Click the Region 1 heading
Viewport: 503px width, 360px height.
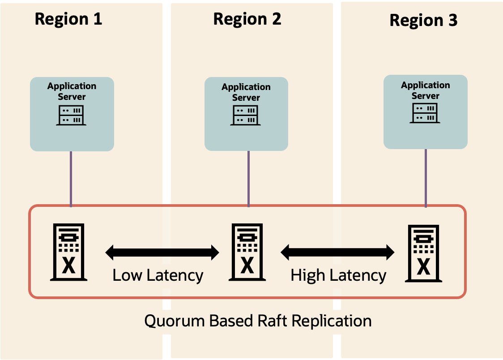(x=68, y=19)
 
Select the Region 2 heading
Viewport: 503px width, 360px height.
(x=247, y=19)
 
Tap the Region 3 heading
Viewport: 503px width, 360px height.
(x=423, y=20)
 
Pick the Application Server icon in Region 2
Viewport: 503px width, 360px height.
(x=246, y=116)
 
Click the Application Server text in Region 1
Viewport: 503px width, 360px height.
(x=72, y=91)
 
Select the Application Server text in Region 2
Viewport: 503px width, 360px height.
(x=246, y=92)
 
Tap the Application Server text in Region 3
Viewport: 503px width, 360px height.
(x=425, y=90)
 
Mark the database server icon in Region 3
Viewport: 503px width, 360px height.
(x=423, y=253)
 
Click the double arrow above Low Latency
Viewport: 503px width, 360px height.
(x=162, y=253)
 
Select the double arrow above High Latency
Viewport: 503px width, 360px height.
(x=337, y=253)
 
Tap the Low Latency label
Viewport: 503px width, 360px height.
(x=158, y=275)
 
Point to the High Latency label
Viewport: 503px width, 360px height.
(x=338, y=275)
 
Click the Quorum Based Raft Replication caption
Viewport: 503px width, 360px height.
(x=258, y=321)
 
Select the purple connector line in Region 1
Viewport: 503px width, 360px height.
(x=71, y=179)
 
